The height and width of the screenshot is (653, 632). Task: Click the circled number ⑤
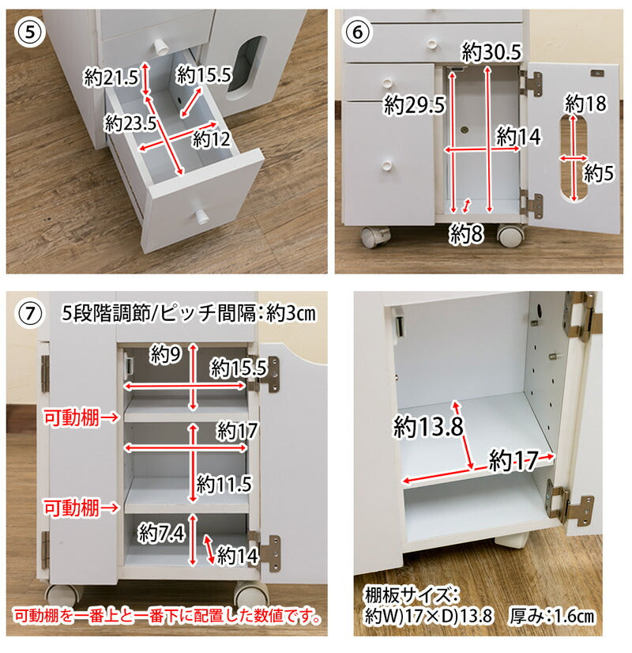point(29,32)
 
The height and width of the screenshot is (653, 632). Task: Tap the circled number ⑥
point(357,32)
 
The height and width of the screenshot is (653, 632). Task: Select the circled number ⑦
point(29,314)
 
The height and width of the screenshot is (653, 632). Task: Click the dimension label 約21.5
point(111,77)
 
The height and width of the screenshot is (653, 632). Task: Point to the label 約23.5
point(130,123)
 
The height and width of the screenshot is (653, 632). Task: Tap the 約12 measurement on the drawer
point(212,139)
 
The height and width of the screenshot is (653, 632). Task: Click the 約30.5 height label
point(491,52)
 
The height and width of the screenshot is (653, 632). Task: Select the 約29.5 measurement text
point(415,104)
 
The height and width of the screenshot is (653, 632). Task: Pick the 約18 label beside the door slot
point(585,103)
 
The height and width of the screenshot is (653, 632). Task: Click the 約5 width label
point(599,172)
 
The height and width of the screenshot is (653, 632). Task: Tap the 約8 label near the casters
point(466,234)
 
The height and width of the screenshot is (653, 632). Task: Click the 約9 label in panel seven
point(166,355)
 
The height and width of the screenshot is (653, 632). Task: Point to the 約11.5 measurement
point(224,484)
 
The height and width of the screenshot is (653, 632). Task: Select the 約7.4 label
point(161,532)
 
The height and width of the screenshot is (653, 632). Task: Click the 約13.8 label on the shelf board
point(428,426)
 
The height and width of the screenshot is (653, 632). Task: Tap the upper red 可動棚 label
point(72,417)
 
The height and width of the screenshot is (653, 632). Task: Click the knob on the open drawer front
point(201,216)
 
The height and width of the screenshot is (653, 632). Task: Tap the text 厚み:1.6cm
point(551,616)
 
